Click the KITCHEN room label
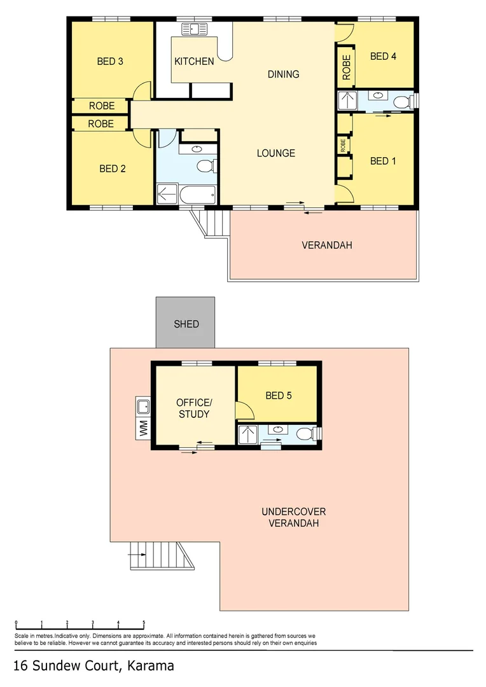click(194, 62)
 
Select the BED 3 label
click(110, 62)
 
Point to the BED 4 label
click(383, 57)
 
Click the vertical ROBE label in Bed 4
click(346, 67)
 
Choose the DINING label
click(283, 74)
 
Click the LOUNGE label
click(275, 153)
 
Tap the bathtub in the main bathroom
click(197, 193)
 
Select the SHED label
click(186, 324)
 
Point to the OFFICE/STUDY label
click(193, 408)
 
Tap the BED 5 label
click(278, 396)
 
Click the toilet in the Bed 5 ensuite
click(307, 434)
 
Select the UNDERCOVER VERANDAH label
click(293, 517)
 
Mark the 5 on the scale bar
click(144, 623)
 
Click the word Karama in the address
click(150, 666)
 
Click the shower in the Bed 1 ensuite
click(347, 101)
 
